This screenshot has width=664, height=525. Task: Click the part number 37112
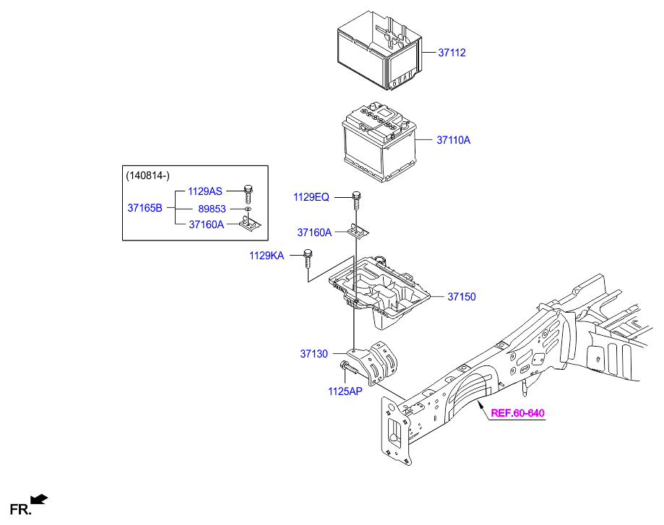[x=452, y=53]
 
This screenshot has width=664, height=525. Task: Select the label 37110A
[x=453, y=140]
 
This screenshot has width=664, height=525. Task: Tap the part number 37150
[x=462, y=297]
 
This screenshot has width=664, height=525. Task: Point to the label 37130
[x=314, y=354]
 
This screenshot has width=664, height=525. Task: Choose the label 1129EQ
[x=311, y=197]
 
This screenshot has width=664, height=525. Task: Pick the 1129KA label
[x=267, y=255]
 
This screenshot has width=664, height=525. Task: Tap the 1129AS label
[x=206, y=191]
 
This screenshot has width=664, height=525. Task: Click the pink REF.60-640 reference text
[x=517, y=414]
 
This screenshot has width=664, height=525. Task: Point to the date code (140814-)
[x=148, y=175]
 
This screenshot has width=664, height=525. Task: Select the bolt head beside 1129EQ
[x=356, y=195]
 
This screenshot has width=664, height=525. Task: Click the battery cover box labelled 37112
[x=378, y=56]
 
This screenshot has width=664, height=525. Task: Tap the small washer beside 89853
[x=248, y=209]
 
